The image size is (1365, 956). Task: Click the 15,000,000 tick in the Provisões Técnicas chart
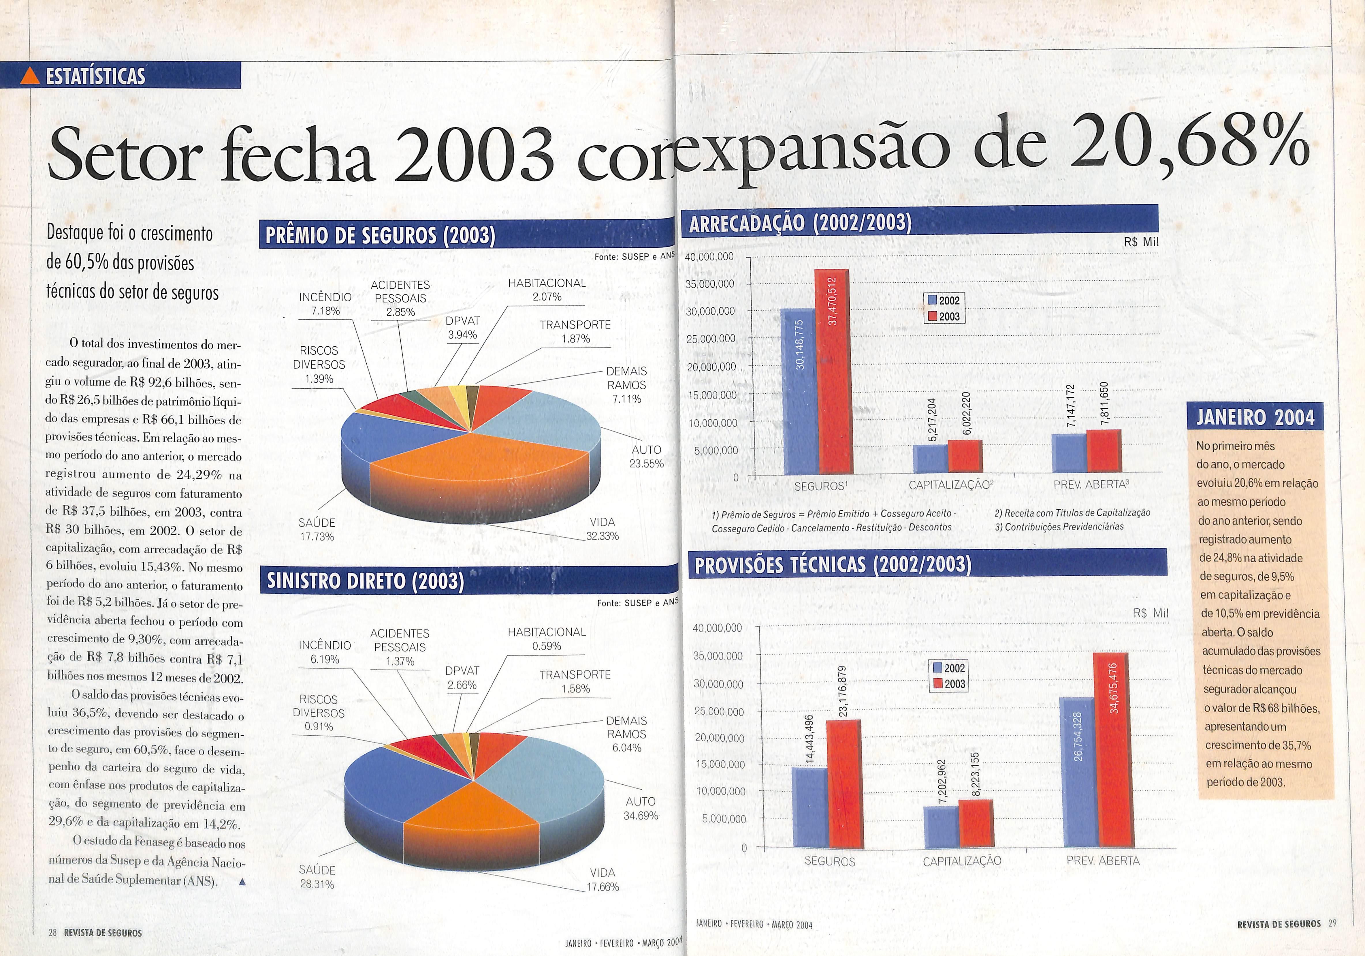click(x=719, y=765)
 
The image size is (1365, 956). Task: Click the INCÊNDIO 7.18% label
click(x=325, y=303)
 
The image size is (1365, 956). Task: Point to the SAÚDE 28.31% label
click(x=317, y=877)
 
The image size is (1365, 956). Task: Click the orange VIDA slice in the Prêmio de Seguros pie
click(x=476, y=470)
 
